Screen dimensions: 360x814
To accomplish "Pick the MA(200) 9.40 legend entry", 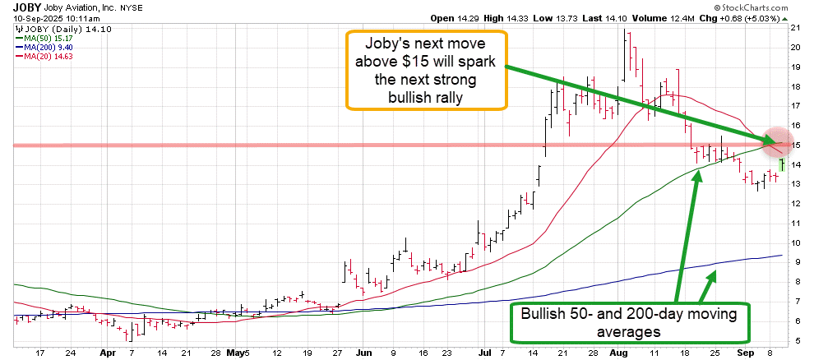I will pyautogui.click(x=43, y=46).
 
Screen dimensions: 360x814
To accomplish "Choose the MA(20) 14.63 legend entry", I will pyautogui.click(x=43, y=55).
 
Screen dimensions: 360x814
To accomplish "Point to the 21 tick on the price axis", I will pyautogui.click(x=795, y=28).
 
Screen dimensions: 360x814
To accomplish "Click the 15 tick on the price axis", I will pyautogui.click(x=795, y=145).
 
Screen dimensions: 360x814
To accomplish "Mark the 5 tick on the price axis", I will pyautogui.click(x=795, y=340).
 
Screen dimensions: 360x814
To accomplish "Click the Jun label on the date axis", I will pyautogui.click(x=363, y=352).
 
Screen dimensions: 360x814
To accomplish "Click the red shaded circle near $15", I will pyautogui.click(x=777, y=142).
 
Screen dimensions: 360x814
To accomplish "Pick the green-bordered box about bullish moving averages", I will pyautogui.click(x=629, y=323).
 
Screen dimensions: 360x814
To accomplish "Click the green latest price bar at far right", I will pyautogui.click(x=782, y=164).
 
